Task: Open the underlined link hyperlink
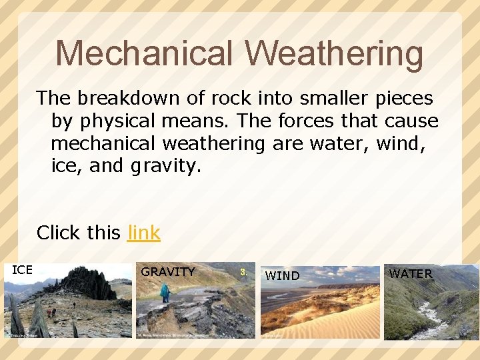point(143,233)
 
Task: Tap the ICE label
point(22,270)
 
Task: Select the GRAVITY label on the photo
point(167,272)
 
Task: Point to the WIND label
point(282,275)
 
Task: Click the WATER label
point(410,274)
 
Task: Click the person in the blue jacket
point(164,293)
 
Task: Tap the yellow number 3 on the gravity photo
point(243,272)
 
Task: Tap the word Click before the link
point(57,233)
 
